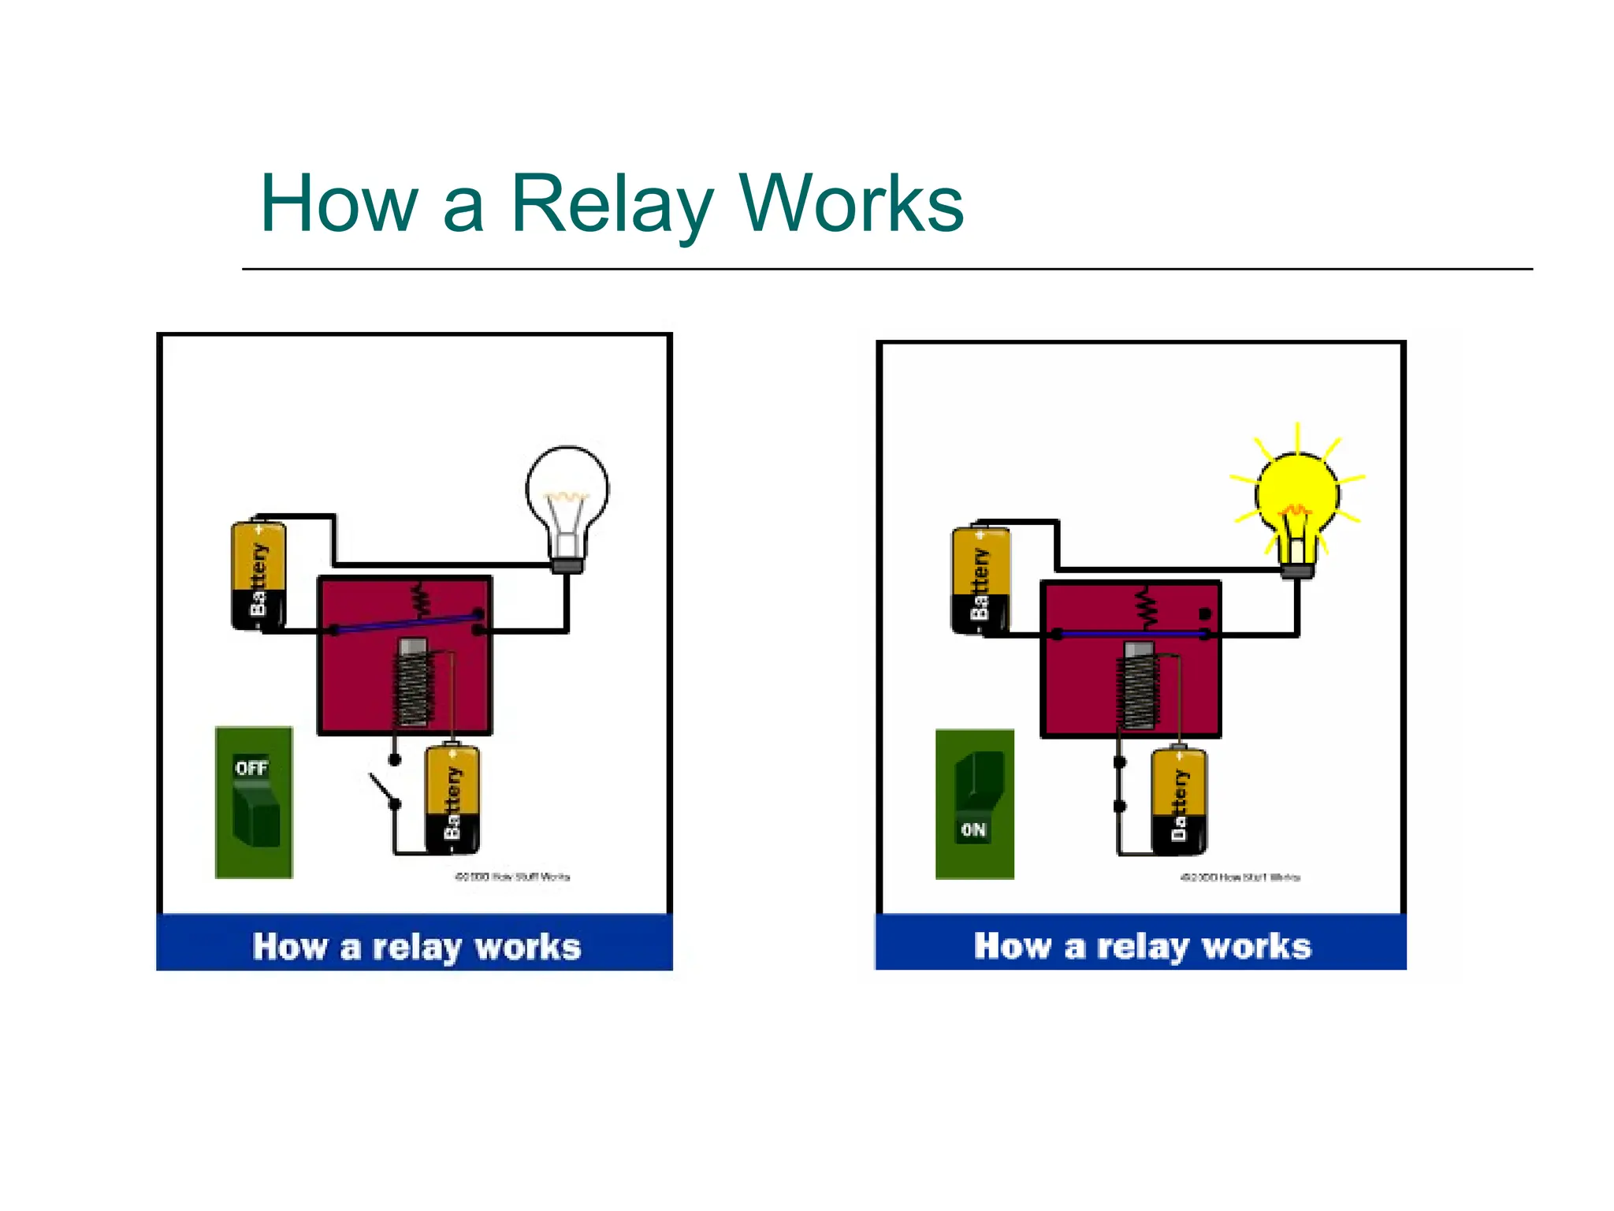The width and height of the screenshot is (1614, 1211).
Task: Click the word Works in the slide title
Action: pos(851,204)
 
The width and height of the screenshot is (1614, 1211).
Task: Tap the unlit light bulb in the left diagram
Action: pos(567,497)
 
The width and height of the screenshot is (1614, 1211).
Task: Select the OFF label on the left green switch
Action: pos(251,768)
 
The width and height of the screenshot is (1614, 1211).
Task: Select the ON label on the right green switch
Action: pos(973,829)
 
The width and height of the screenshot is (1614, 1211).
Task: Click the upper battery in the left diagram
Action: pos(258,576)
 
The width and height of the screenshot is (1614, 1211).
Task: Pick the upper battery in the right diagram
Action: pos(980,580)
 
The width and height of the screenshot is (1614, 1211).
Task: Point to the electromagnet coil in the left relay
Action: pos(413,684)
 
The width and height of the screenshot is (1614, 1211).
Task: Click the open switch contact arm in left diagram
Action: pos(382,788)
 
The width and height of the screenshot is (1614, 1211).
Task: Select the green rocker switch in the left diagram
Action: pos(254,803)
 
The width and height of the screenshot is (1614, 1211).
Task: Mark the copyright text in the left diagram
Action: pos(512,877)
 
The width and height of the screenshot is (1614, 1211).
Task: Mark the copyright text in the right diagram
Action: pos(1240,878)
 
